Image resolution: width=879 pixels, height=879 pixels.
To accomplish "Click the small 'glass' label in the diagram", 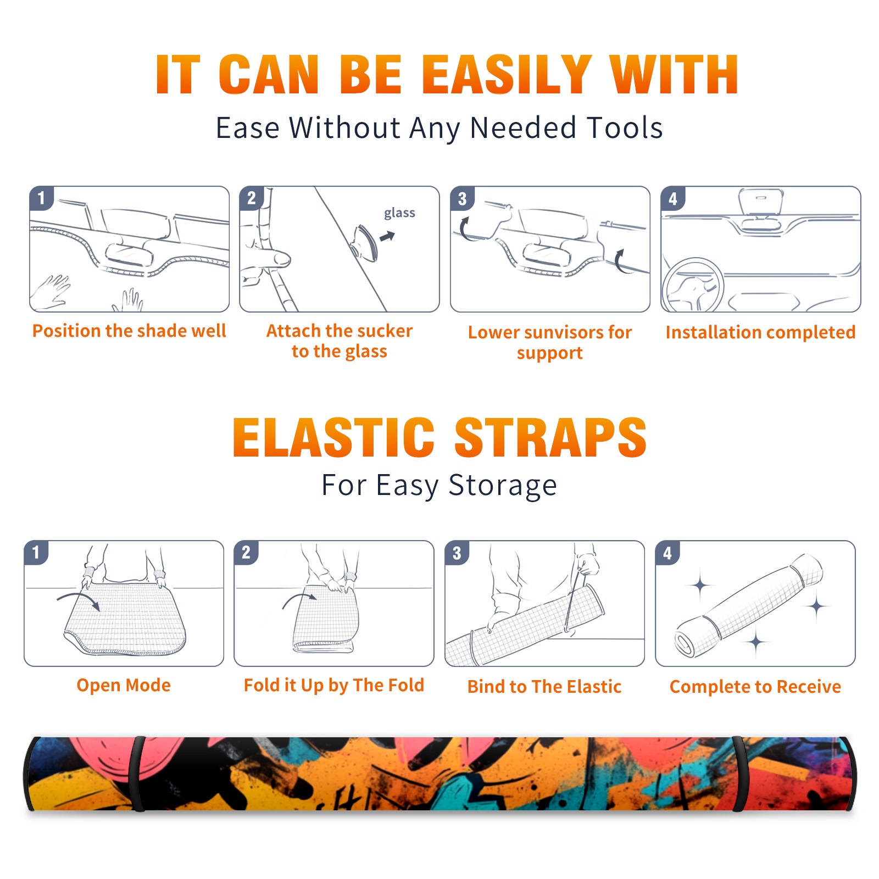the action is pyautogui.click(x=399, y=213).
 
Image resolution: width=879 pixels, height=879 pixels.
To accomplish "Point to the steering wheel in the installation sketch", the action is pyautogui.click(x=692, y=285).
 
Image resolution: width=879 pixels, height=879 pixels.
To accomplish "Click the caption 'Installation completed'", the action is pyautogui.click(x=760, y=332).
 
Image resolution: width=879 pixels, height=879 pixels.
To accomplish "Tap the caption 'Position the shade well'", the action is pyautogui.click(x=129, y=331).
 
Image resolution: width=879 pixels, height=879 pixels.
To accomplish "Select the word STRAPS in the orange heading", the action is pyautogui.click(x=550, y=437).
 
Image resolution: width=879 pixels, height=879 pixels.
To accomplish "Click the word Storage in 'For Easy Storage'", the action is pyautogui.click(x=503, y=486).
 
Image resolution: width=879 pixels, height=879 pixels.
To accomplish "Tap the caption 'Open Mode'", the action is pyautogui.click(x=124, y=686).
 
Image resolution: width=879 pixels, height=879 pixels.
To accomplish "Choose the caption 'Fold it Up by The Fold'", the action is pyautogui.click(x=334, y=686).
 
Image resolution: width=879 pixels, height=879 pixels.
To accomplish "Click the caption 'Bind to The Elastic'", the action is pyautogui.click(x=544, y=687).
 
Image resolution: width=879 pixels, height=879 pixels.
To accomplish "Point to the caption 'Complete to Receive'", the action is pyautogui.click(x=755, y=687).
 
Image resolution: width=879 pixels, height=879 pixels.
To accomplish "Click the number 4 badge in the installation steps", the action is pyautogui.click(x=673, y=198).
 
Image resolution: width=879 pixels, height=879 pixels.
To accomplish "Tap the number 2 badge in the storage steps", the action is pyautogui.click(x=246, y=552).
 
